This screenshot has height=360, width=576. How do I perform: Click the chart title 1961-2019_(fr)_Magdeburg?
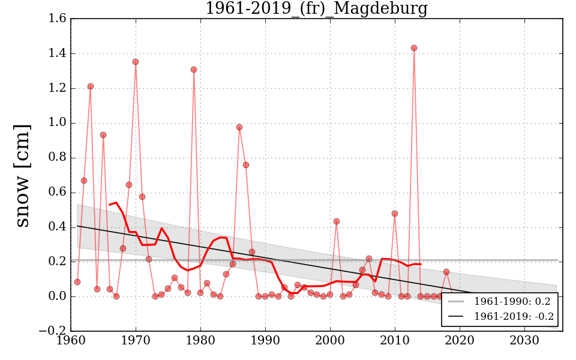(316, 8)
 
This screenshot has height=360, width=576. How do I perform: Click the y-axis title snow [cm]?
(22, 175)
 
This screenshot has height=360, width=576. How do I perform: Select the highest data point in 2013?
(414, 48)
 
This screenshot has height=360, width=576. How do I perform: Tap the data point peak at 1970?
(136, 62)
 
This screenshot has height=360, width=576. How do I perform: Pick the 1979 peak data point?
(194, 70)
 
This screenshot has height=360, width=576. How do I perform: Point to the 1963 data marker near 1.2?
(91, 86)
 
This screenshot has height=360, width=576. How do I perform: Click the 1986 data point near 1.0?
(239, 127)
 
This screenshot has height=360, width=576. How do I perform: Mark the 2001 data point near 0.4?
(337, 221)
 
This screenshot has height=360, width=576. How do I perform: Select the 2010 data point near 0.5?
(395, 214)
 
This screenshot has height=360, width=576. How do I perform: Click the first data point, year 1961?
(77, 282)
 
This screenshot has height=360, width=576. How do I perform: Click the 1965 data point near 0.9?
(103, 135)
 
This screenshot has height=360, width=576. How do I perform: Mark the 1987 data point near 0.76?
(246, 165)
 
